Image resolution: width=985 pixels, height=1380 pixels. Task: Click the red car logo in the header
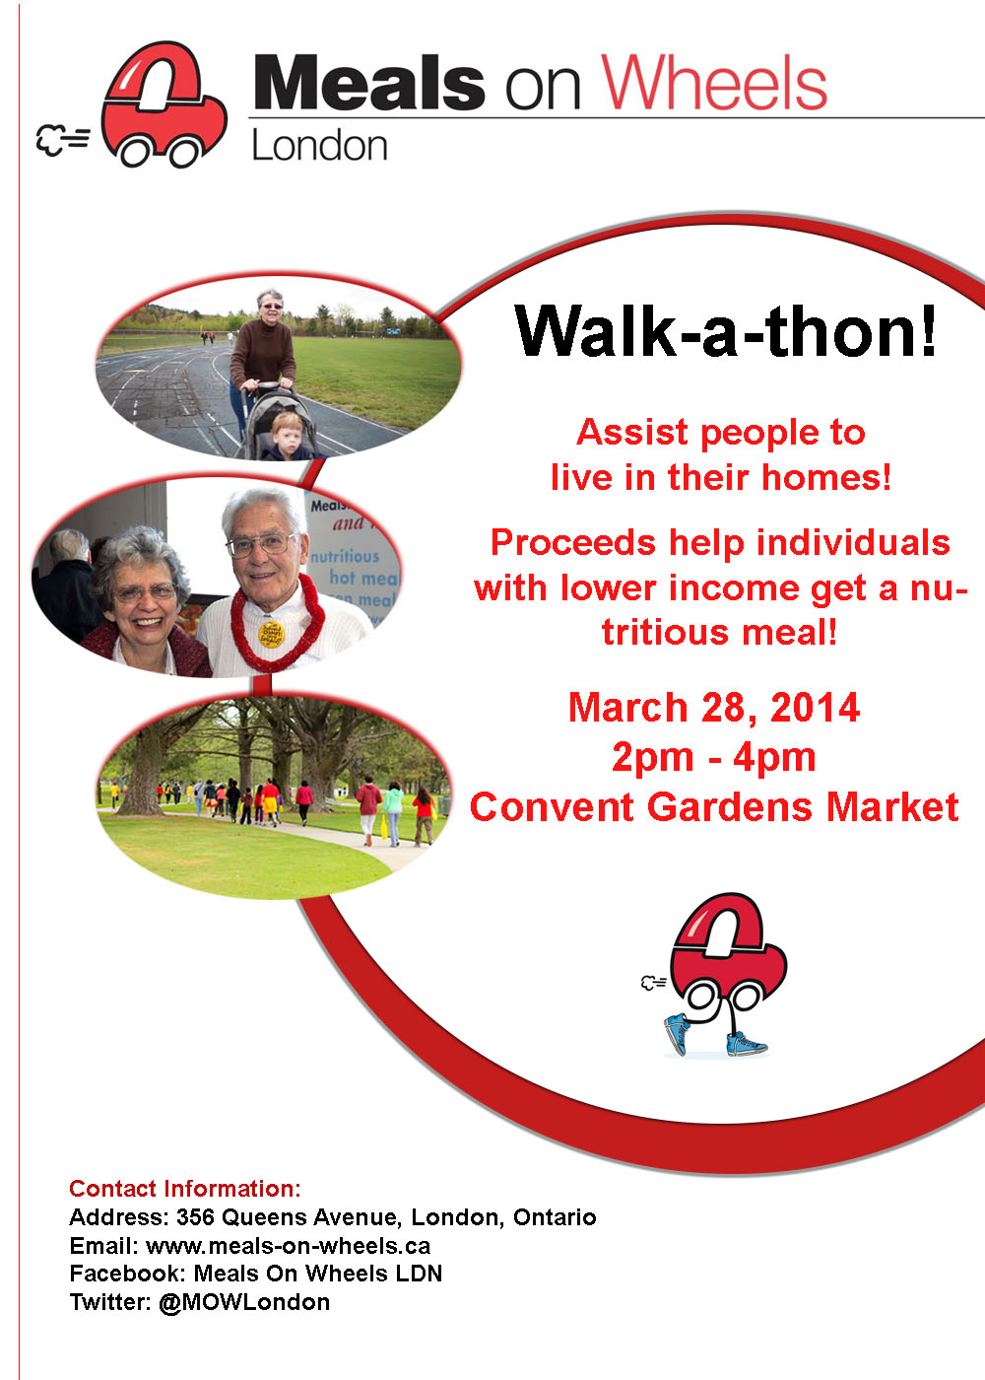(164, 104)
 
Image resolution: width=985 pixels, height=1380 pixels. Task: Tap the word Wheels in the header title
(713, 82)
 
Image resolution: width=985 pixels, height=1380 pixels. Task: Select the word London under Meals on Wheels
(319, 146)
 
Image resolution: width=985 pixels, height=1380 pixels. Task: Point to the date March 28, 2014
(713, 707)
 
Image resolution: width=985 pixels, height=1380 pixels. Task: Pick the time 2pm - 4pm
(713, 757)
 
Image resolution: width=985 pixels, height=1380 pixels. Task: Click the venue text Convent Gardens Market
(714, 806)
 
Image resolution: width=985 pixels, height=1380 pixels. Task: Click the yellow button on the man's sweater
(272, 635)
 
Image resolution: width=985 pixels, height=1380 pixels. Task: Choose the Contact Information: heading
(185, 1189)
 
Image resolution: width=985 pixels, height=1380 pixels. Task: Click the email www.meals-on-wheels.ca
(288, 1246)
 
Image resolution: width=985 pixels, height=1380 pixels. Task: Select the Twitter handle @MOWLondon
(244, 1302)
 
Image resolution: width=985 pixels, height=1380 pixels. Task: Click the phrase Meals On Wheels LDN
(317, 1274)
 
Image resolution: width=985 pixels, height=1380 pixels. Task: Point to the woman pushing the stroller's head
(270, 306)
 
